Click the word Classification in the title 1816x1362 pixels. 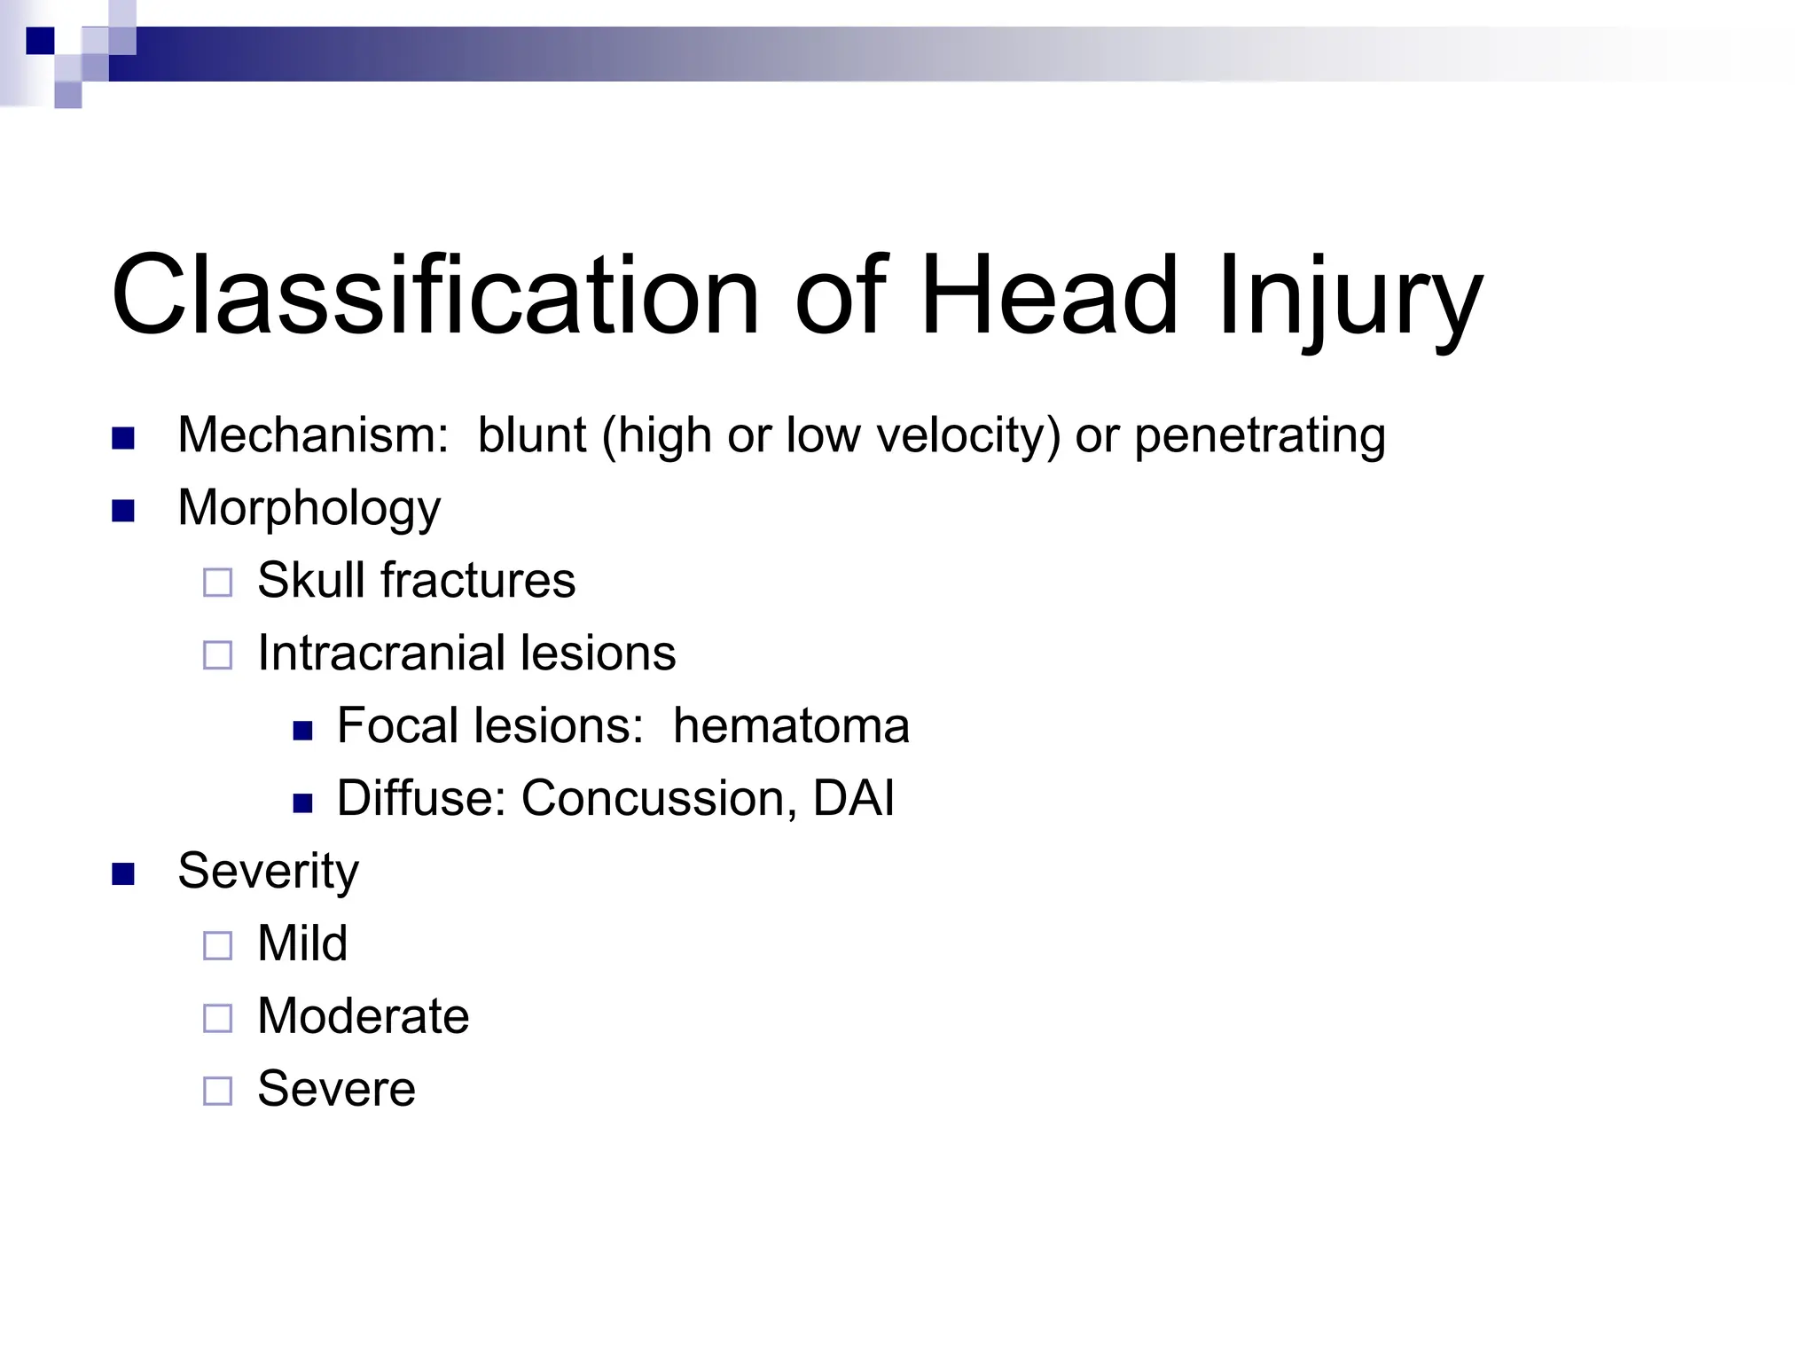pos(434,295)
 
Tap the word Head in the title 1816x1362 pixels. pos(1049,295)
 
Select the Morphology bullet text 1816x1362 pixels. pos(309,509)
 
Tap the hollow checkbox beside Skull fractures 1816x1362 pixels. pos(217,583)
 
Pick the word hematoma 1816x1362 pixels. pos(791,726)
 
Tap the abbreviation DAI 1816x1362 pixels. pos(853,798)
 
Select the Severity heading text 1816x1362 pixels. pos(268,872)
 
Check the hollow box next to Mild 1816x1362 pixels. pos(217,945)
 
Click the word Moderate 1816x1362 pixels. pos(363,1016)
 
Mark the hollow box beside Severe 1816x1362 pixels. pos(217,1091)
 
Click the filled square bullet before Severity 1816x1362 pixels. pos(123,874)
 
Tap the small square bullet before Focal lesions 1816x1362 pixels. pos(303,731)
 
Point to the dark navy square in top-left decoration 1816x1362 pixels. pos(40,41)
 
